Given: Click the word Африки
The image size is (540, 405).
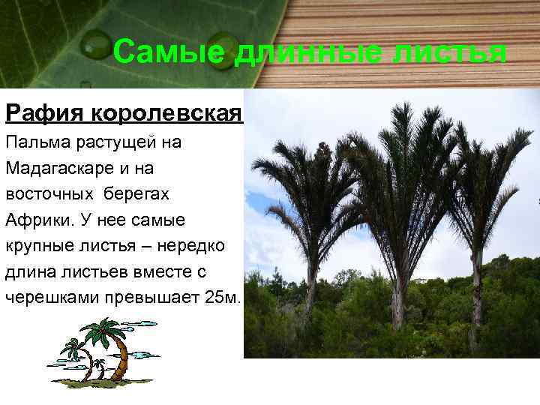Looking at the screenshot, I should click(x=37, y=220).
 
